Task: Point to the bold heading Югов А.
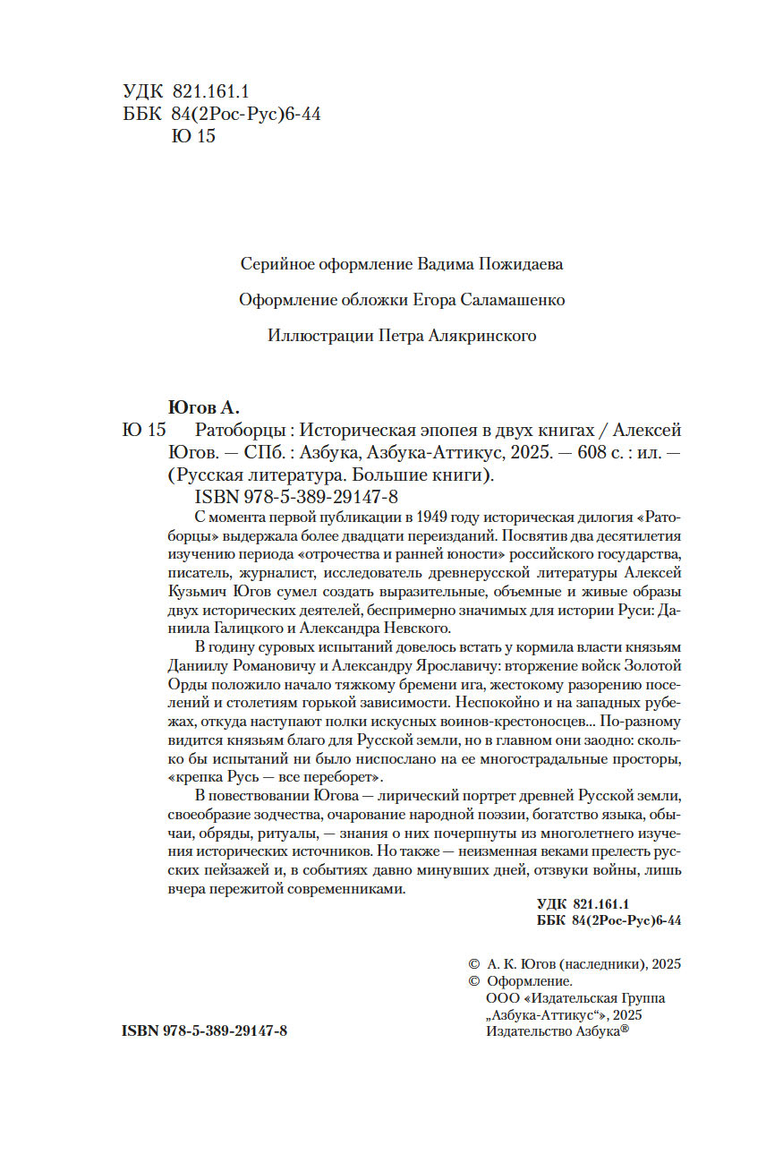[x=206, y=407]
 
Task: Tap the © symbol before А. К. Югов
[x=474, y=964]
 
